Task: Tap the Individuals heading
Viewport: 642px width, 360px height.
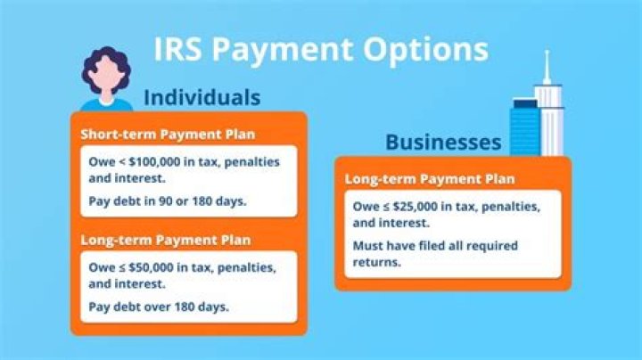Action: pyautogui.click(x=202, y=97)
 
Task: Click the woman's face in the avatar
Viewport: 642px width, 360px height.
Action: pyautogui.click(x=105, y=79)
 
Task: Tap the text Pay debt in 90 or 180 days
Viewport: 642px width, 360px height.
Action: pyautogui.click(x=168, y=200)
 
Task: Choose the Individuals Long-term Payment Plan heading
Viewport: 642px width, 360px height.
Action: pyautogui.click(x=166, y=240)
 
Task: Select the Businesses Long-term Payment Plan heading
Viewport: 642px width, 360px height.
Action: pyautogui.click(x=430, y=180)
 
